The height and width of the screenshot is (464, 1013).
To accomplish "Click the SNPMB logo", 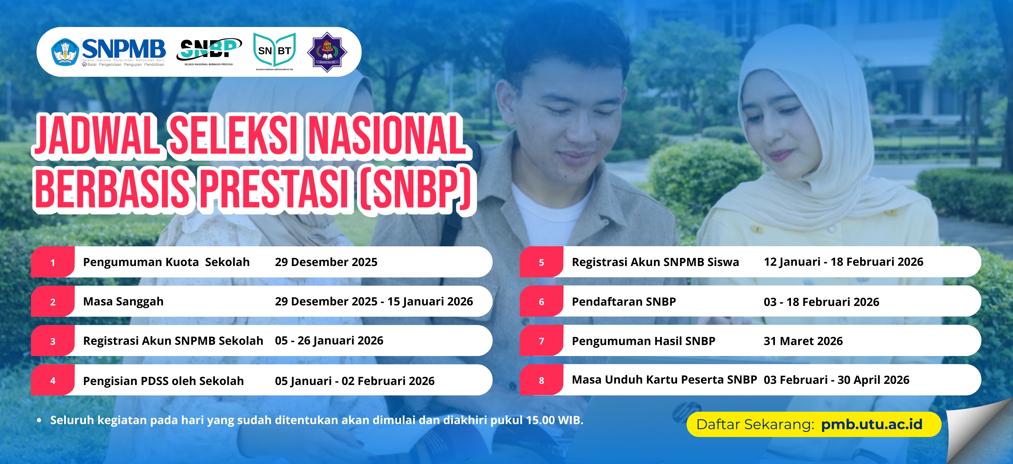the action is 108,52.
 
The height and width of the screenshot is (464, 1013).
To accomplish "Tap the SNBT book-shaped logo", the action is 274,51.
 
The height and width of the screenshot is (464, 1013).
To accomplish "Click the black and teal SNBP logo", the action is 209,52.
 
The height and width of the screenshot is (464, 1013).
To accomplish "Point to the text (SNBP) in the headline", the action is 416,188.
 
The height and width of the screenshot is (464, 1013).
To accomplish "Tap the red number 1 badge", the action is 53,262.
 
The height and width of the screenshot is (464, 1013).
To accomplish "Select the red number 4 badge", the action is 53,380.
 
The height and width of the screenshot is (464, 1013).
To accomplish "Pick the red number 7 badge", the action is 541,341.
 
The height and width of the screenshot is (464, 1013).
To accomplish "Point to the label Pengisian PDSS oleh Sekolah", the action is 163,381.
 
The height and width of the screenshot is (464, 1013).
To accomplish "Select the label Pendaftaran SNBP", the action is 624,301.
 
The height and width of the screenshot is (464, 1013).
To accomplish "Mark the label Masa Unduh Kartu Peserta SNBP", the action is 664,380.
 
